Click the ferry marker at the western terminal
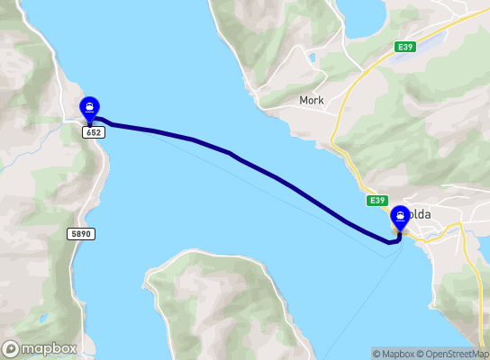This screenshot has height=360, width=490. point(90,109)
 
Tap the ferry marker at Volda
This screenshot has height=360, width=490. point(399,218)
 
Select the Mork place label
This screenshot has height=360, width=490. point(312,101)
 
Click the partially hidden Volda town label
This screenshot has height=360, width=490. point(420,216)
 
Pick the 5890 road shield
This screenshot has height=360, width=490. point(80,233)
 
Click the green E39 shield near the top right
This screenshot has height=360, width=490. point(404,46)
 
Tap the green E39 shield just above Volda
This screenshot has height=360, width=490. point(377,200)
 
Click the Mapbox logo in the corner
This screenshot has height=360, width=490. point(40,348)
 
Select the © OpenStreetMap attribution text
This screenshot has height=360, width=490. point(456,354)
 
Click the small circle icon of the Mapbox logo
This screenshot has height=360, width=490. point(12,348)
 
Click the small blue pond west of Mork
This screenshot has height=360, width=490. point(312,59)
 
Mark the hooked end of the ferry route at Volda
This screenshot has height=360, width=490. point(394,239)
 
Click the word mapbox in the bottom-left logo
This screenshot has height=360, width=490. point(50,348)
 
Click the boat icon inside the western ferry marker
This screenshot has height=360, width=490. point(90,106)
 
